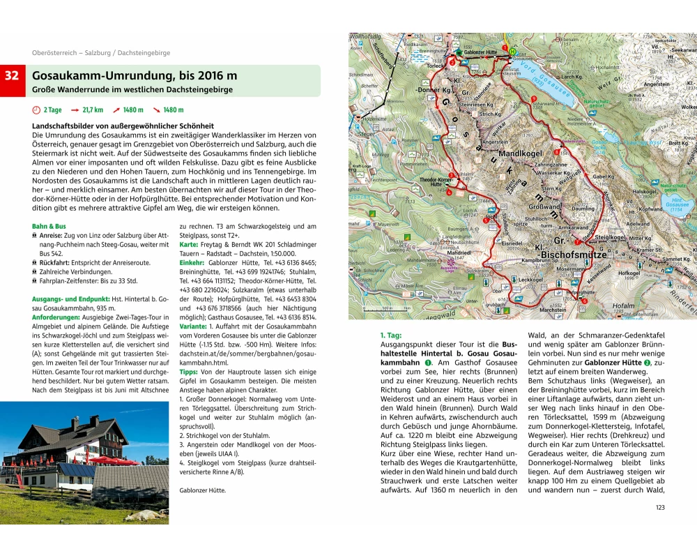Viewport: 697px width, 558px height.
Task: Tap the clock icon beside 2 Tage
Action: pos(36,110)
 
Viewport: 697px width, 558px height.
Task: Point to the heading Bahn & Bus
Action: pos(49,226)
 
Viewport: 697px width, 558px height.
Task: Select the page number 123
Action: pos(660,506)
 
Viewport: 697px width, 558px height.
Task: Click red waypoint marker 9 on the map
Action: pos(533,99)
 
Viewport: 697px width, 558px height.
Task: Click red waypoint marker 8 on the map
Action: pos(556,151)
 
